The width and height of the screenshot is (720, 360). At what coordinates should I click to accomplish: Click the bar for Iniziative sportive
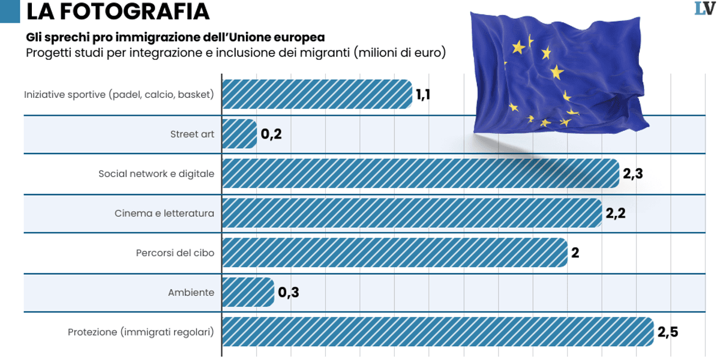coord(317,94)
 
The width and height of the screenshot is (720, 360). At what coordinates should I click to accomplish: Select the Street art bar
coord(239,134)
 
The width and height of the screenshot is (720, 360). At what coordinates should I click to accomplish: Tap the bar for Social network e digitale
coord(420,173)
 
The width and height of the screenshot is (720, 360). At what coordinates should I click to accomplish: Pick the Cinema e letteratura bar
coord(412,213)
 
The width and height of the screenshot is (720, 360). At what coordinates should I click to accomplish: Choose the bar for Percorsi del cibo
coord(394,253)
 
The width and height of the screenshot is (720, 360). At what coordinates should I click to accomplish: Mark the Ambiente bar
coord(247,292)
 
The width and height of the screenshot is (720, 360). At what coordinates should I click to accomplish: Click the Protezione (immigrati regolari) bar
coord(437,332)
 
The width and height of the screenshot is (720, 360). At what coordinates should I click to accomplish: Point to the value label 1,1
coord(423,94)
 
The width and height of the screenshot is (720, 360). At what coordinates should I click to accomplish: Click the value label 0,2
coord(271,134)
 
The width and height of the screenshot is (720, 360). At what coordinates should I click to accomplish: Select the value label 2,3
coord(632,174)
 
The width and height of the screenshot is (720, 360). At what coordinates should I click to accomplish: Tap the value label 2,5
coord(667,332)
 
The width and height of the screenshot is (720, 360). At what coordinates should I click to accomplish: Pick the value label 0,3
coord(288,293)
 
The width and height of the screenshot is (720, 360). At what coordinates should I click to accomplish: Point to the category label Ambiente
coord(191,293)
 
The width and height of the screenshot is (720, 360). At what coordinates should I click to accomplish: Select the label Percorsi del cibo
coord(175,253)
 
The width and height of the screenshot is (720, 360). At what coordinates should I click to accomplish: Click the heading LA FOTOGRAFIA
coord(118,11)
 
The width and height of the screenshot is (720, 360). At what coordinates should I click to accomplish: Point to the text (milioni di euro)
coord(400,53)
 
